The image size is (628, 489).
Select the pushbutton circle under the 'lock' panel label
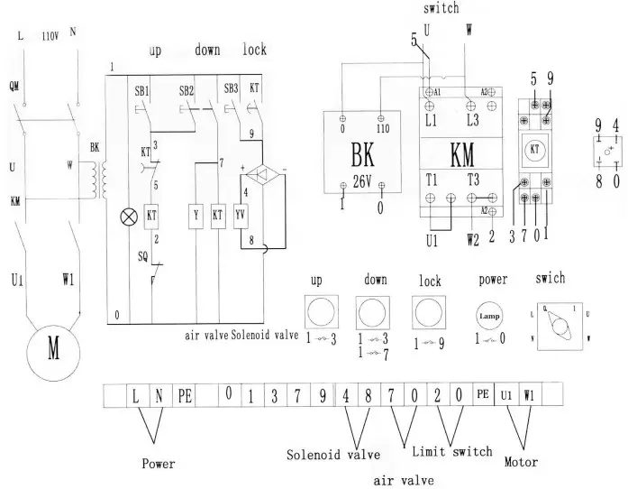[x=430, y=312]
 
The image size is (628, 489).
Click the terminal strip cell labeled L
[x=135, y=395]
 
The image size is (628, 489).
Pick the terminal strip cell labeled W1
[x=529, y=395]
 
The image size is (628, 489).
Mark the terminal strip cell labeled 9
[x=322, y=395]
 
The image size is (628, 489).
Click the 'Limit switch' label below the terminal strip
[x=451, y=451]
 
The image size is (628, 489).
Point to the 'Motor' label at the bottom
[x=521, y=462]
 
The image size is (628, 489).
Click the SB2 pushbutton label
[x=187, y=91]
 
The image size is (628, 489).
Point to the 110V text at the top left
[x=51, y=38]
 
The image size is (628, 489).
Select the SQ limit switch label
[x=142, y=255]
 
